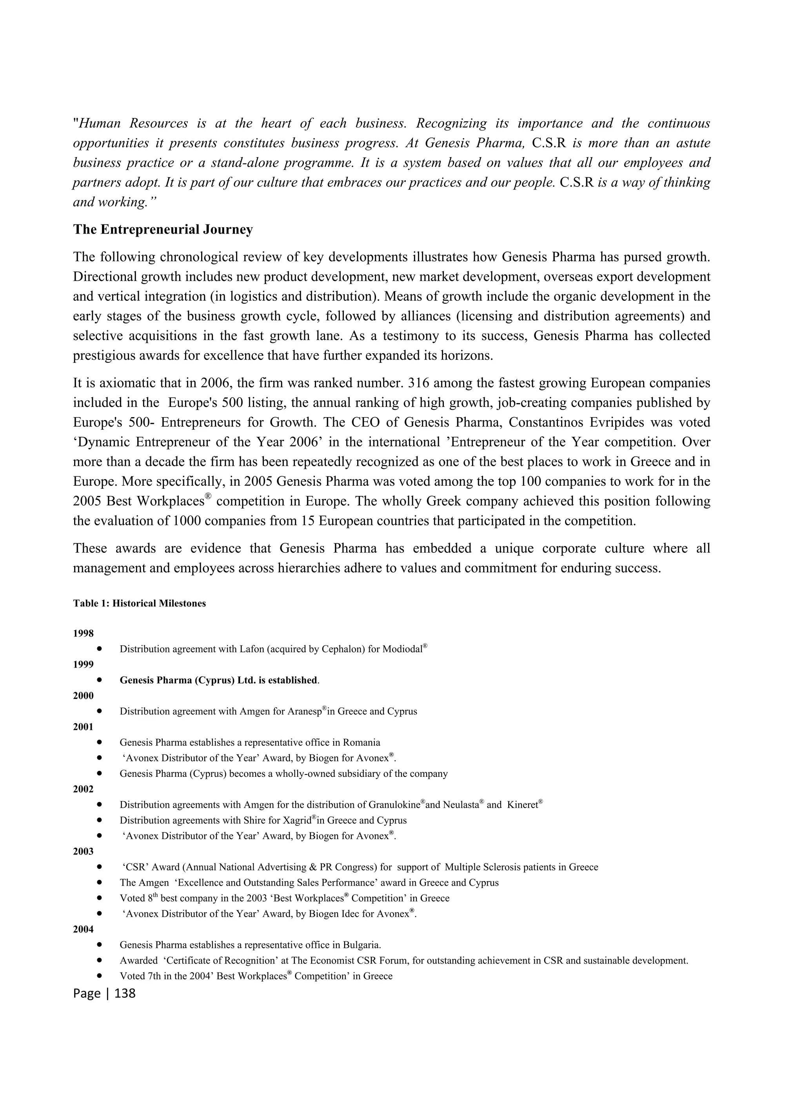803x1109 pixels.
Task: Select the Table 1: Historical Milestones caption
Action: click(140, 603)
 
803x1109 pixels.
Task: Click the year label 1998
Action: click(83, 634)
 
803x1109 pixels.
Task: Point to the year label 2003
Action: click(83, 851)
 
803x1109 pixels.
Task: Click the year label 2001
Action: click(83, 727)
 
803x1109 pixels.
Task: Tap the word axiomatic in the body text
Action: click(120, 383)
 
